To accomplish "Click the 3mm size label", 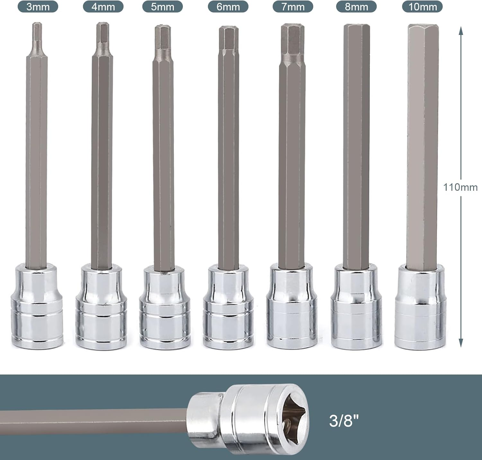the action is click(38, 7).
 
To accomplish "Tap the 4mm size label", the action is click(103, 7).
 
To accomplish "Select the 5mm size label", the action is click(162, 7).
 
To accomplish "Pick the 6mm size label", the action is click(228, 7).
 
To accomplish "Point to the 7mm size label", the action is click(293, 7).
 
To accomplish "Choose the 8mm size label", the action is click(356, 7).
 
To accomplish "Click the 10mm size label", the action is click(422, 7).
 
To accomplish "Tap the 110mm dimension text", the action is click(460, 187).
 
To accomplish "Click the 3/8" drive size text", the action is click(344, 421).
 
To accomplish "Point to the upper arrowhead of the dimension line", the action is click(460, 30).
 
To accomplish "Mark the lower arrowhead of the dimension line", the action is click(460, 343).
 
